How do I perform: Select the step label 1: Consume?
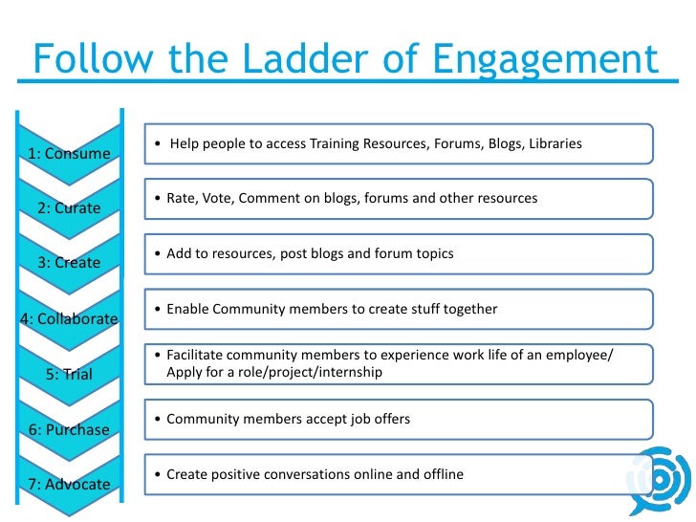[69, 153]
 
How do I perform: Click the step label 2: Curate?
[69, 207]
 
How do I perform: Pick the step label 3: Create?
[69, 263]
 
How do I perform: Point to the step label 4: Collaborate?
[69, 318]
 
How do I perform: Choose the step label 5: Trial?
[69, 374]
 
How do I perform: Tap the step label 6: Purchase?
[69, 429]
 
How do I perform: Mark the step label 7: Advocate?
[69, 484]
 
